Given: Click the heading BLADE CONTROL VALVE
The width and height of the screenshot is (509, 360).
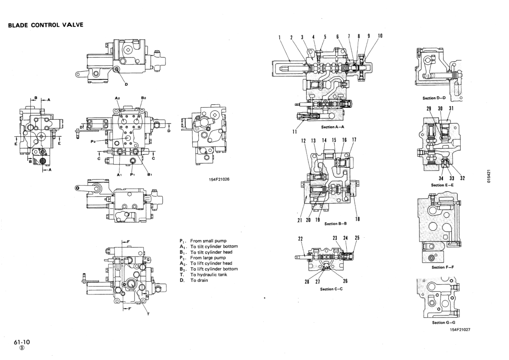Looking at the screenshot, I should pos(45,25).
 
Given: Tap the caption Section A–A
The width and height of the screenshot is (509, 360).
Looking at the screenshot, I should pos(332,127).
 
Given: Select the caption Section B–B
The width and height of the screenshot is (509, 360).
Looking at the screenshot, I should pos(336,224).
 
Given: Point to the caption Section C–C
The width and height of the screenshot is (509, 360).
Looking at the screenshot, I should pos(332,289).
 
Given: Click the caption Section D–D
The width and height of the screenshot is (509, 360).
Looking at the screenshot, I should pos(434,98).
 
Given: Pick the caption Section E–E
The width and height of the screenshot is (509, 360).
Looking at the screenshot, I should pos(442,185).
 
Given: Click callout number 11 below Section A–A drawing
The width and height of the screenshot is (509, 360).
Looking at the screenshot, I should pos(289,132).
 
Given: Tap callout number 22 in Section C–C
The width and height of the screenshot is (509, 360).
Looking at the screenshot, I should pos(300,239).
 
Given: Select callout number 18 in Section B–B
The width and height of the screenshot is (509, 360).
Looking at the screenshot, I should pos(357,219).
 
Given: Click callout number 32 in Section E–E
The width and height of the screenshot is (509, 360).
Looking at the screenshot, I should pos(462,178).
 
